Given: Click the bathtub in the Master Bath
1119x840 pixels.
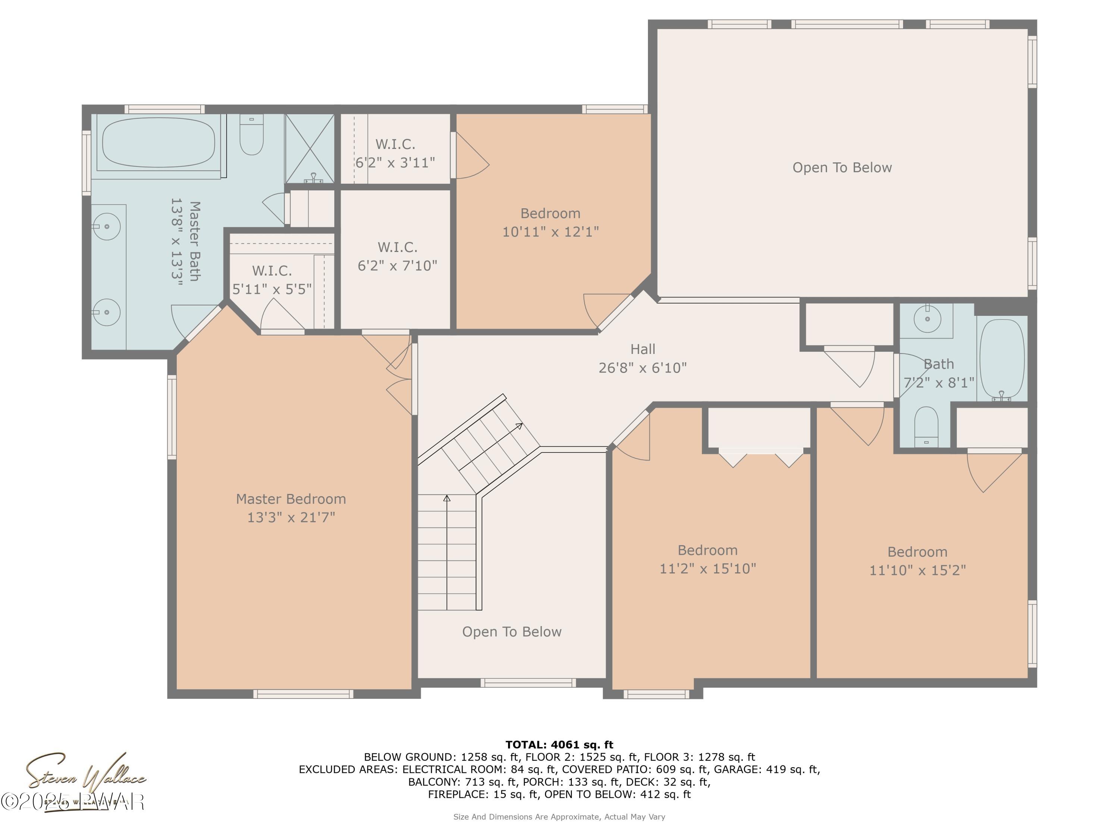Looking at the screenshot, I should (159, 143).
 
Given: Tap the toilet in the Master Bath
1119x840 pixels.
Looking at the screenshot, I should (251, 135).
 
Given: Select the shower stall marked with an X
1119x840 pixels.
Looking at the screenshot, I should (310, 148).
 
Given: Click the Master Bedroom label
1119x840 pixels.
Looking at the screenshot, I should (291, 499).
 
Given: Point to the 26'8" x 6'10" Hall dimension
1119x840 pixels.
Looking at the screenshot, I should (642, 368).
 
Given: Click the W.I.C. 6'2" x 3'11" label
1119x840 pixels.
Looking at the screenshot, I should (395, 153).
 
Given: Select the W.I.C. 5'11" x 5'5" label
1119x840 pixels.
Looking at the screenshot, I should (272, 280).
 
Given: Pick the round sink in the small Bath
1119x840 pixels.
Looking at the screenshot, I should (927, 319).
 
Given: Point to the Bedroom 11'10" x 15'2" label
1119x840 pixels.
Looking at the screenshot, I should (917, 561).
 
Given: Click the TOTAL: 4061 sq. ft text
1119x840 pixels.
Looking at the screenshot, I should (559, 744).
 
